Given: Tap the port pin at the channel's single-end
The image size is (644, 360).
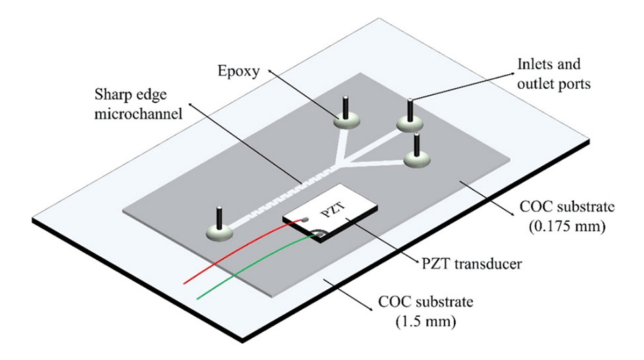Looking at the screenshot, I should click(219, 218).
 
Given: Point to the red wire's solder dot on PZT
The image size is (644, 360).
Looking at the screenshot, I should click(304, 219).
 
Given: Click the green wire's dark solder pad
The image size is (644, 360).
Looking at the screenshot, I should click(319, 235).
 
